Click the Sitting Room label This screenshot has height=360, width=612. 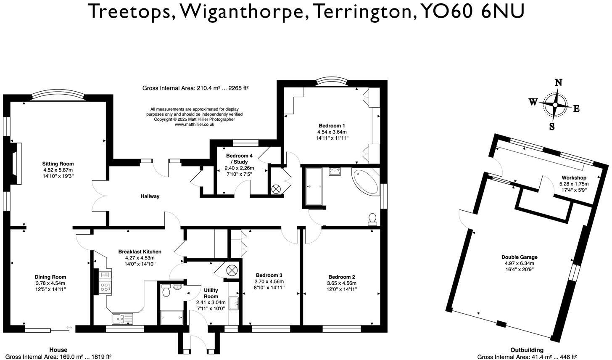click(58, 164)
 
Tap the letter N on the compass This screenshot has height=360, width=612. click(558, 83)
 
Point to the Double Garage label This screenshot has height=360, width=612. click(519, 257)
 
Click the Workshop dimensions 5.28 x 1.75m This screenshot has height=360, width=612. click(574, 184)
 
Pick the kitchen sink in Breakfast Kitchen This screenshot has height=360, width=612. click(122, 318)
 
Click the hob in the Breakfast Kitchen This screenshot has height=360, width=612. click(105, 288)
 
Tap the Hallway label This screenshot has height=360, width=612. click(150, 196)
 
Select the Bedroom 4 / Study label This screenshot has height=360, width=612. click(237, 159)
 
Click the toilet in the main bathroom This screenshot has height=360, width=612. click(372, 218)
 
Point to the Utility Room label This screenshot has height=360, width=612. click(211, 293)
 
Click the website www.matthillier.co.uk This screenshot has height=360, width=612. click(194, 124)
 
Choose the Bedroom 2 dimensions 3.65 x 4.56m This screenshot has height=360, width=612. click(342, 283)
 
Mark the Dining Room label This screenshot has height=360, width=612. click(50, 277)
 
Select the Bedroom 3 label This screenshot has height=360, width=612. click(269, 275)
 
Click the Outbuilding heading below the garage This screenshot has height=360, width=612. click(527, 350)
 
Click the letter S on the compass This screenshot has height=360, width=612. click(551, 126)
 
